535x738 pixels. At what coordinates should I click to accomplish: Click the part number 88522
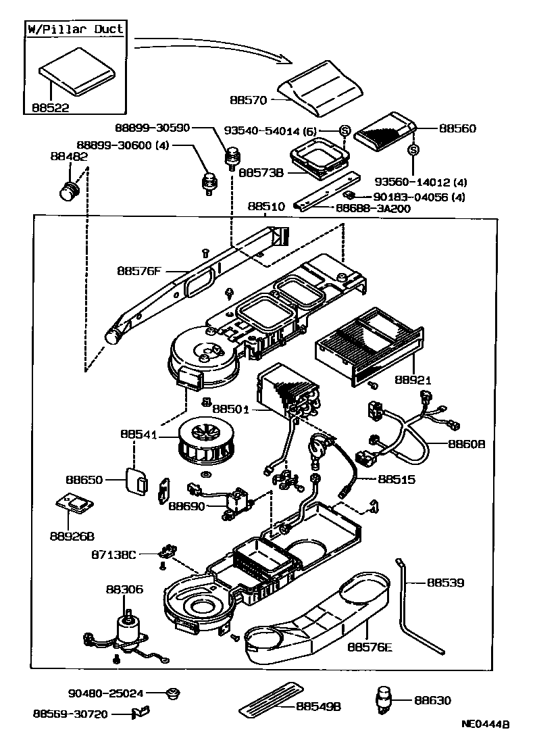click(51, 107)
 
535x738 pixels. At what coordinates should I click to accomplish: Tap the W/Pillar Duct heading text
click(75, 28)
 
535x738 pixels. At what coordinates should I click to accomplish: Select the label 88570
click(248, 100)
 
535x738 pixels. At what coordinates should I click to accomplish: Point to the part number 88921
click(413, 380)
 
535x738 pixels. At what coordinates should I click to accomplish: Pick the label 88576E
click(370, 647)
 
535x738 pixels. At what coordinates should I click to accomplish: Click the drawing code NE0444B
click(485, 724)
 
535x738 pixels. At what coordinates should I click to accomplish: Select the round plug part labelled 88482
click(69, 191)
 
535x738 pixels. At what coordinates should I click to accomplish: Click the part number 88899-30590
click(153, 128)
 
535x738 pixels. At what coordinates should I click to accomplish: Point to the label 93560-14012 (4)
click(421, 182)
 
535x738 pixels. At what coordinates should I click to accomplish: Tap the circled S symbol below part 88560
click(413, 150)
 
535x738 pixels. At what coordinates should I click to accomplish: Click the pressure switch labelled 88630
click(384, 700)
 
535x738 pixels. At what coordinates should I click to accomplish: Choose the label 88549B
click(318, 706)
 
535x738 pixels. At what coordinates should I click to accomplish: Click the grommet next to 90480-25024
click(173, 693)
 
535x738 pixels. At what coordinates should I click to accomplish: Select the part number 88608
click(466, 444)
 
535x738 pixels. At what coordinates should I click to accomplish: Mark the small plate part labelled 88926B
click(74, 504)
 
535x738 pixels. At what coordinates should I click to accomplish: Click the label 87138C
click(113, 555)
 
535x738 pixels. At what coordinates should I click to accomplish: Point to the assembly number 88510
click(266, 207)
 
